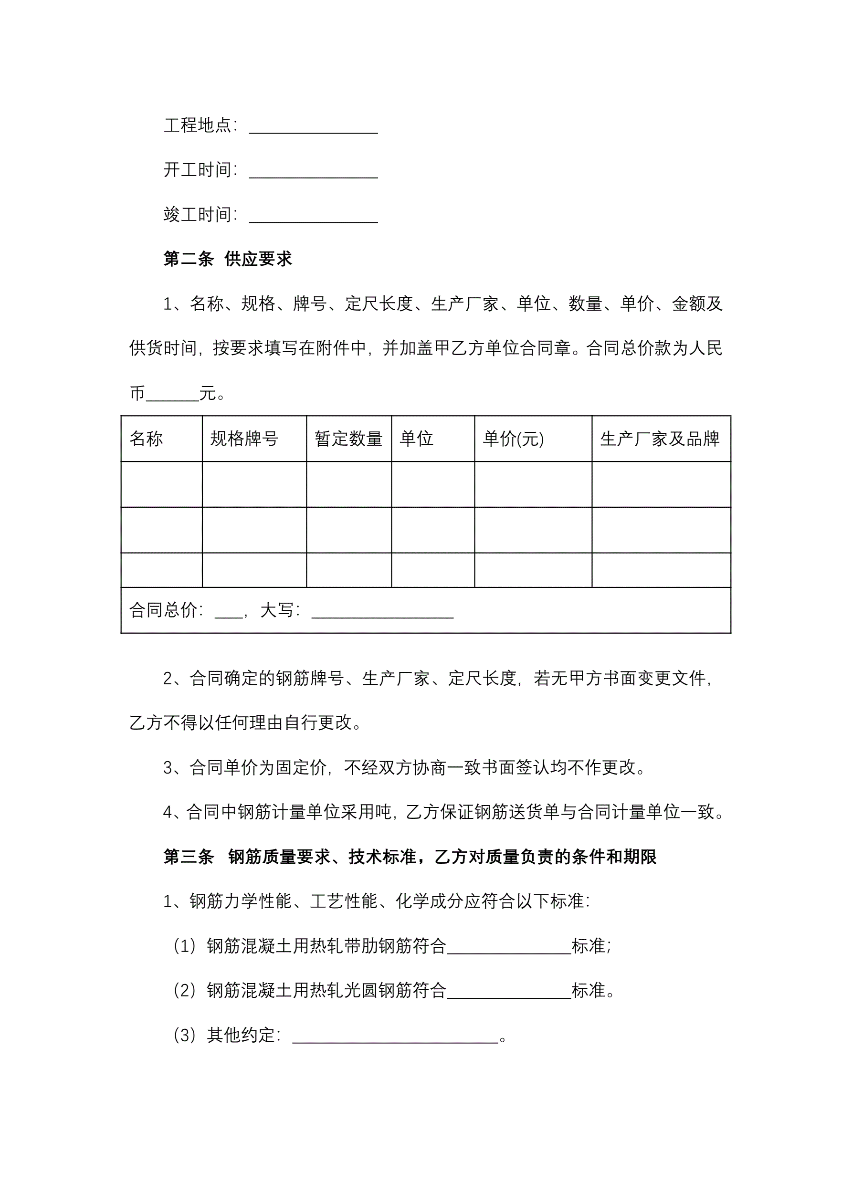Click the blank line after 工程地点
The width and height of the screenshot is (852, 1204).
click(313, 127)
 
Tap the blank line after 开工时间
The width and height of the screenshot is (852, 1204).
click(313, 172)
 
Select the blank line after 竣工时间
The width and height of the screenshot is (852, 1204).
click(313, 217)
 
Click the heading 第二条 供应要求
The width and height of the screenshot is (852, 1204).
click(227, 259)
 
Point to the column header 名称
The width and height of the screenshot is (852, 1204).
click(147, 439)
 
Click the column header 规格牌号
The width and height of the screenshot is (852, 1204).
click(244, 439)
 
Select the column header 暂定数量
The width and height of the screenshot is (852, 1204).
click(348, 439)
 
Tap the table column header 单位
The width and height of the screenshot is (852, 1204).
click(417, 439)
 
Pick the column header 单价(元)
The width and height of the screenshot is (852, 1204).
click(513, 439)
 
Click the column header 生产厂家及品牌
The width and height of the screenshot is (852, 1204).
click(660, 439)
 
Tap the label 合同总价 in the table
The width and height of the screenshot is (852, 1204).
click(163, 610)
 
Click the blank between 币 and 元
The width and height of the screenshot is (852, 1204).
click(173, 394)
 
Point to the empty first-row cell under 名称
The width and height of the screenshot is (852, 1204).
click(162, 484)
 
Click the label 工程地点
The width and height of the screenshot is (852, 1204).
click(197, 126)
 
